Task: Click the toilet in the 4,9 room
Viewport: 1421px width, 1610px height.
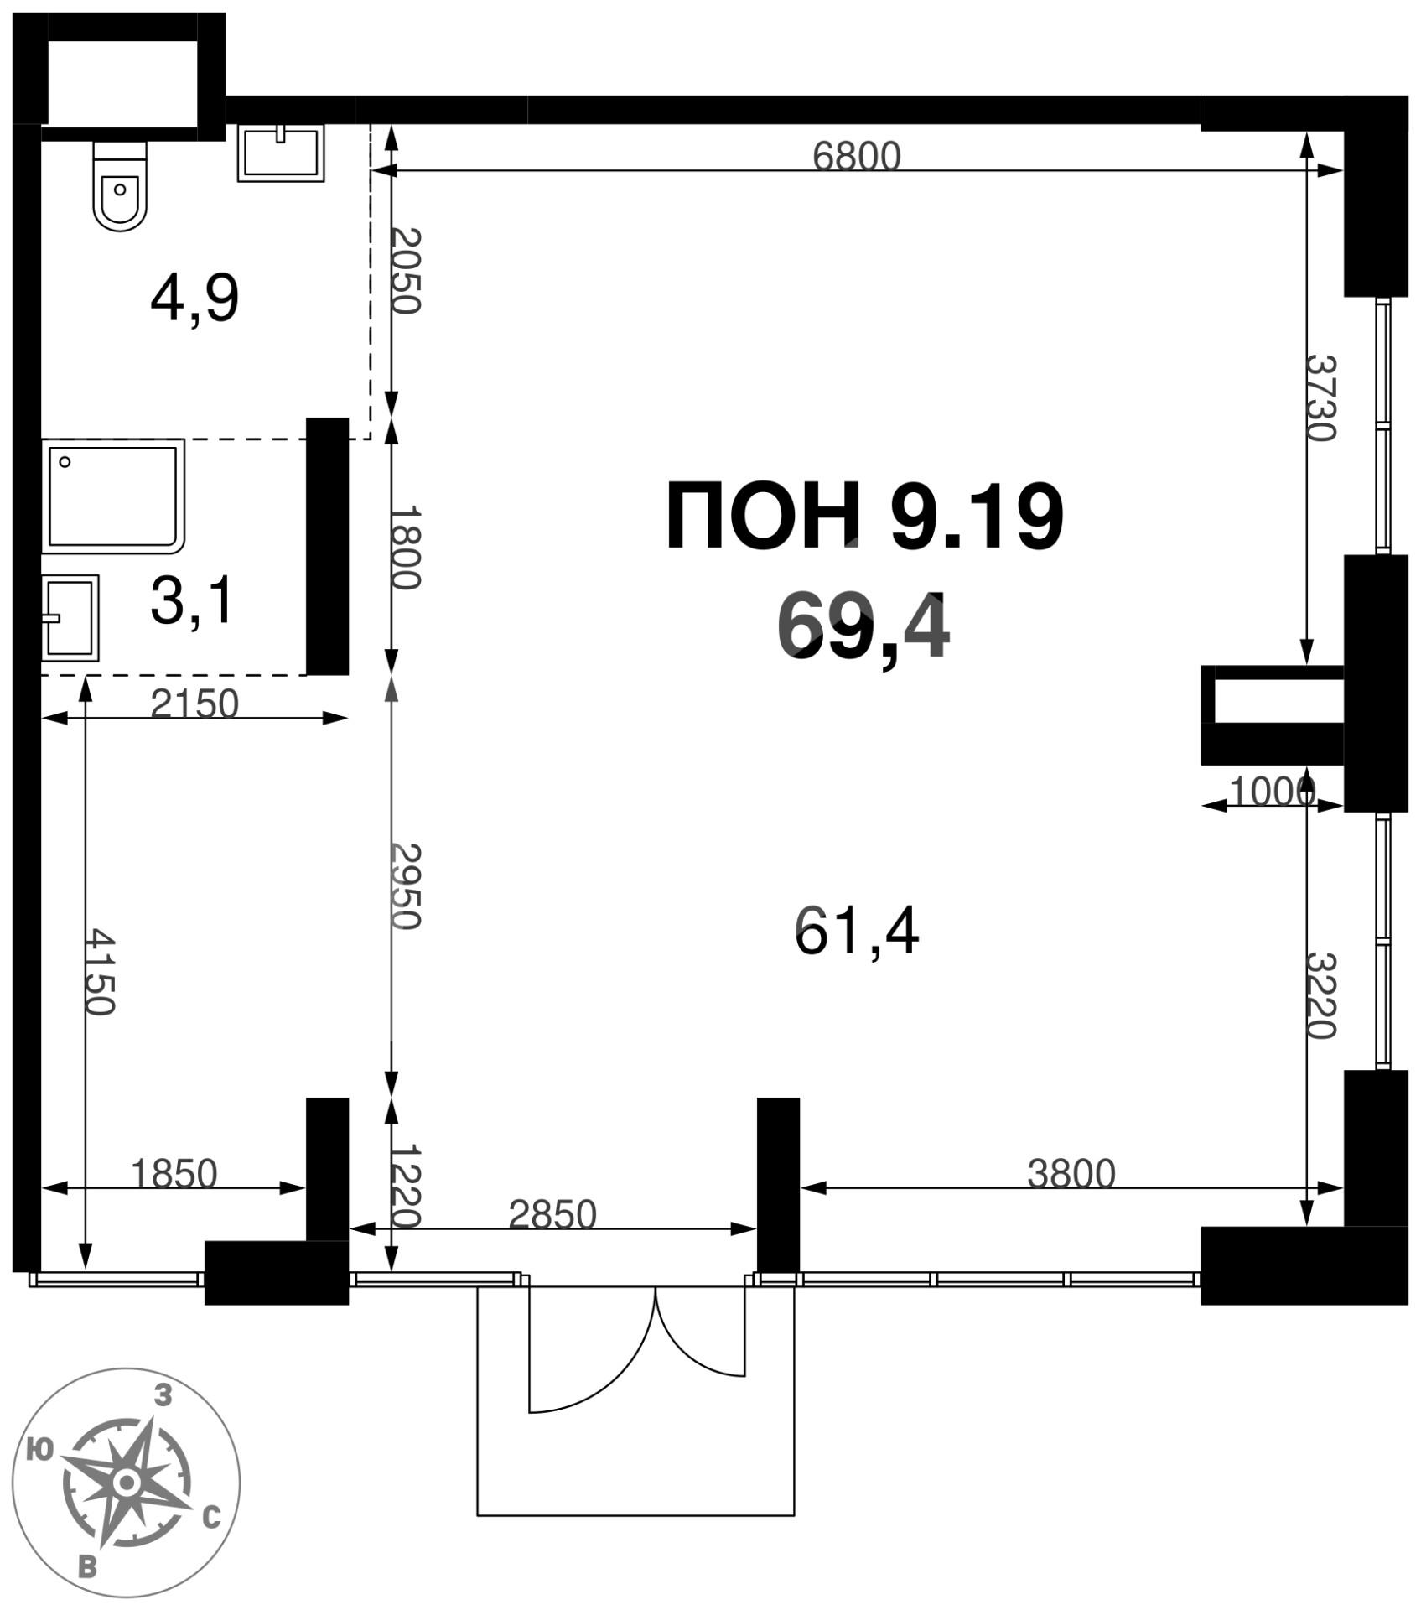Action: click(x=120, y=187)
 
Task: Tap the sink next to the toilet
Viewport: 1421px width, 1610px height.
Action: click(x=281, y=153)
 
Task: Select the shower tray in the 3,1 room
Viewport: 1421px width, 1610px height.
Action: click(x=113, y=496)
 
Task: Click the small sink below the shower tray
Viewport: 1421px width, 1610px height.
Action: click(x=70, y=617)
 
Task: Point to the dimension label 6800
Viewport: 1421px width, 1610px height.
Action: click(x=856, y=157)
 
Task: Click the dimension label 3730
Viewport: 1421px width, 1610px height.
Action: click(x=1320, y=398)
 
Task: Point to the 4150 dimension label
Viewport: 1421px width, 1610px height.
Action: click(x=100, y=971)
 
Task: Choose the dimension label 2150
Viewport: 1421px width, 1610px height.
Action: click(x=194, y=704)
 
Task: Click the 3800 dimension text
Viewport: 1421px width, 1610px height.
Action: click(x=1071, y=1174)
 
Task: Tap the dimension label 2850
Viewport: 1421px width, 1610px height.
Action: click(x=552, y=1214)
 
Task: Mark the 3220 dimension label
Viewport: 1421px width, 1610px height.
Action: click(x=1320, y=995)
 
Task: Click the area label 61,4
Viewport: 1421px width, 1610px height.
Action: click(x=856, y=932)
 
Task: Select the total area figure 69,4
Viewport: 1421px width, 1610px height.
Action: click(x=863, y=626)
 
